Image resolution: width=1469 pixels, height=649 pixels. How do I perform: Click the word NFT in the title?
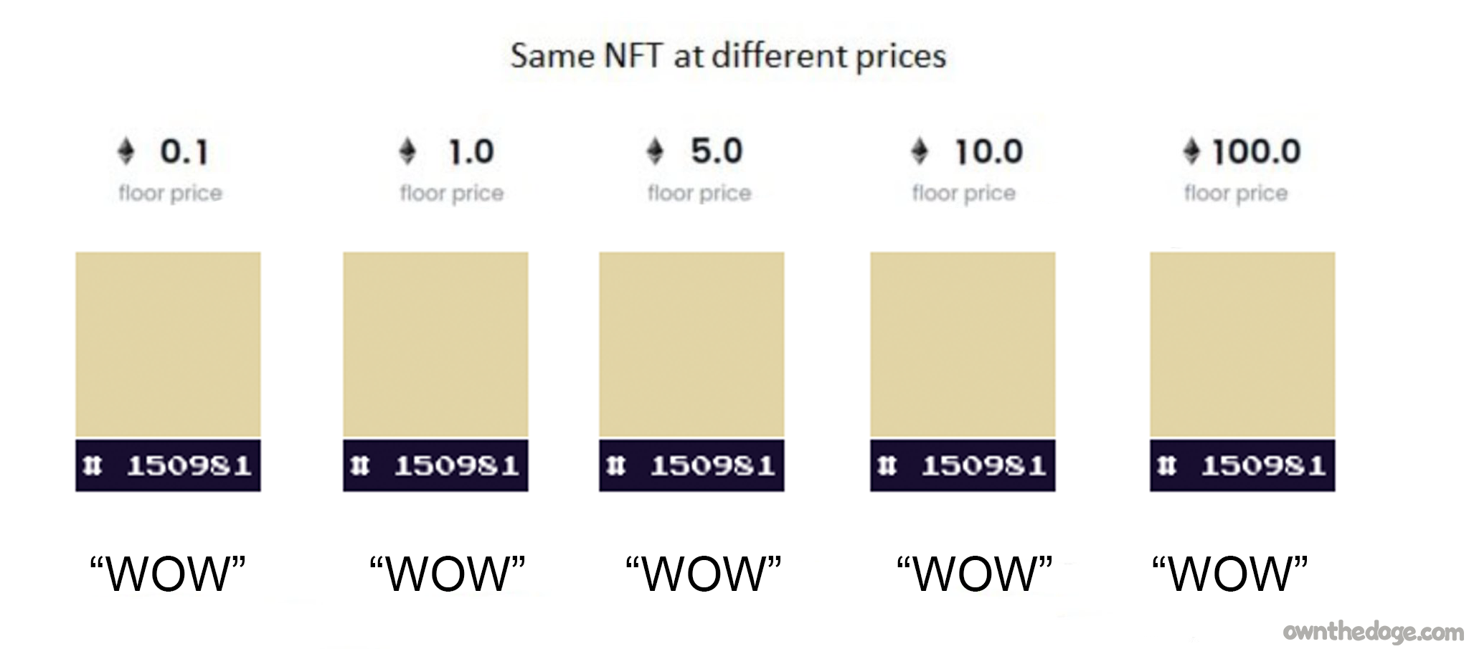[x=632, y=56]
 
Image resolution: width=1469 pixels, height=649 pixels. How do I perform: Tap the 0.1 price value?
[x=184, y=152]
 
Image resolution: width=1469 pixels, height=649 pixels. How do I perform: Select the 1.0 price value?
[x=471, y=152]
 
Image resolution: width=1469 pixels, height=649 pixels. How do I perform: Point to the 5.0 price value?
[x=716, y=151]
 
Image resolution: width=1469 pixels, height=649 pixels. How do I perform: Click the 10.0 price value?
[x=988, y=152]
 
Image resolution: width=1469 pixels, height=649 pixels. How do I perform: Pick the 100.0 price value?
[x=1256, y=152]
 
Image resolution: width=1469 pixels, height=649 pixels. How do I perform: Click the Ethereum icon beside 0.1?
[x=126, y=152]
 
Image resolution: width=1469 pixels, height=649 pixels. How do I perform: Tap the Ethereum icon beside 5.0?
[x=655, y=151]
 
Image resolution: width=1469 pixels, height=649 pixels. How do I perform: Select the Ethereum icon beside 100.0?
[x=1191, y=151]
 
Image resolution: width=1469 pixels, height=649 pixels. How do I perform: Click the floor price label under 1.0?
[x=451, y=193]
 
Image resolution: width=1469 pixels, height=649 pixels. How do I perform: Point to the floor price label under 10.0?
[x=963, y=193]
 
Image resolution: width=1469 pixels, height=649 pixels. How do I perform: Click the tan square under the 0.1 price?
[x=168, y=344]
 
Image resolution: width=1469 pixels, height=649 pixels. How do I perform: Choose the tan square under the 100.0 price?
[x=1242, y=344]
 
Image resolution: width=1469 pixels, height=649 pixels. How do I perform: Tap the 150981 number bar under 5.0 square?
[x=691, y=466]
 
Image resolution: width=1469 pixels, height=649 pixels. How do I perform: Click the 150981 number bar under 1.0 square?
[x=435, y=466]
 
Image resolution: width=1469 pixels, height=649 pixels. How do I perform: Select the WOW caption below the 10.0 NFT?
[x=974, y=573]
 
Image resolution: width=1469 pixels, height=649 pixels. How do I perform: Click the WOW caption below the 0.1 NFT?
[x=168, y=573]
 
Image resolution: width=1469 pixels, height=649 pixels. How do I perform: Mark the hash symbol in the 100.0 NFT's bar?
[x=1166, y=466]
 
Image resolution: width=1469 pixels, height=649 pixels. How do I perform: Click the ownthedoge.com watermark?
[x=1373, y=632]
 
